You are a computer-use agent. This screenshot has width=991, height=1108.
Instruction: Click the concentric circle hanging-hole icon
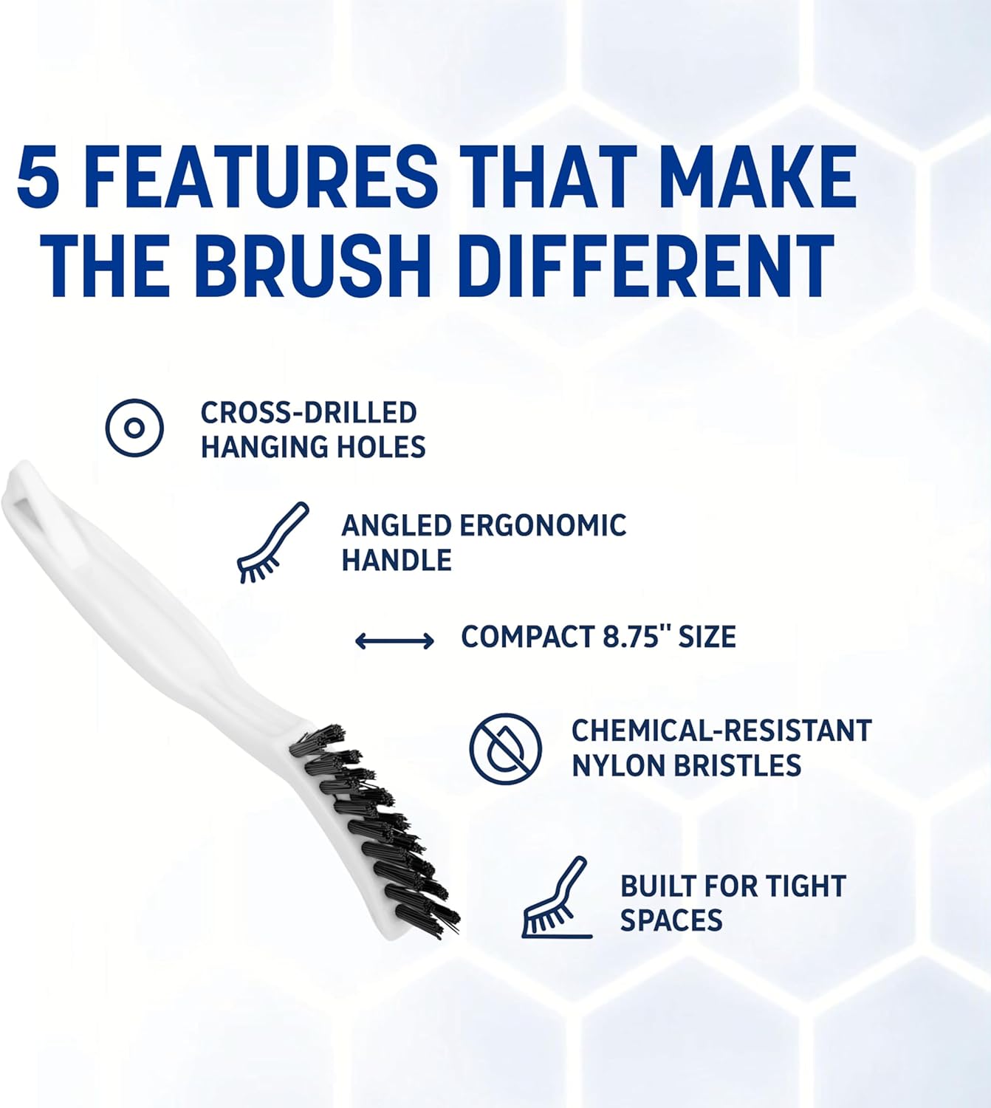point(134,428)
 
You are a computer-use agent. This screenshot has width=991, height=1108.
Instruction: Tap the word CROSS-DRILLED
point(309,412)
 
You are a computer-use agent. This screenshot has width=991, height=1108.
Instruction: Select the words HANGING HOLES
point(313,448)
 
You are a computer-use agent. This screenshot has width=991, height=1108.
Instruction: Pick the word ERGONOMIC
point(543,526)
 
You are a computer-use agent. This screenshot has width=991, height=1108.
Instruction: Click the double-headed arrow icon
point(394,640)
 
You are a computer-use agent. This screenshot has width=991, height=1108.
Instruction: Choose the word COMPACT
point(523,637)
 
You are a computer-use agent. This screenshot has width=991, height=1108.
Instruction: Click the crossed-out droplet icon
point(506,748)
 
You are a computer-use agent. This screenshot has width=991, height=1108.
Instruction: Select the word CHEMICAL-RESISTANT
point(721,731)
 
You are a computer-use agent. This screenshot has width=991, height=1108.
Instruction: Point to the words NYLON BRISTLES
point(686,766)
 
